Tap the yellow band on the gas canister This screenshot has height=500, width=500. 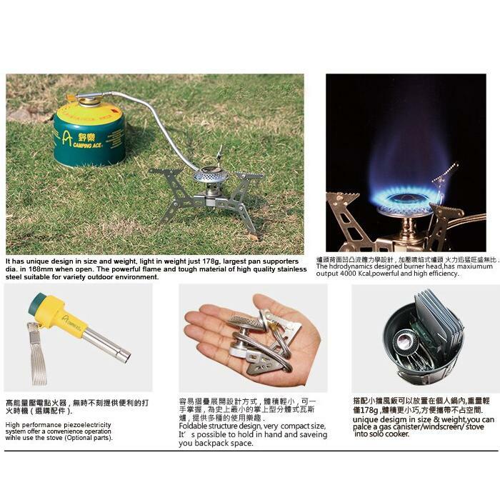89,114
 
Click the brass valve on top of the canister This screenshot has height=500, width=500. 89,99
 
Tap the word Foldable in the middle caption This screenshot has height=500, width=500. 194,426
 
